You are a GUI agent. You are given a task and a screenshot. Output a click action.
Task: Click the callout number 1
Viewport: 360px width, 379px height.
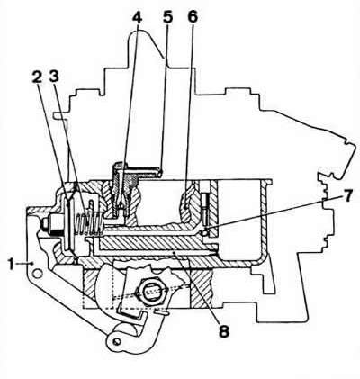(x=12, y=265)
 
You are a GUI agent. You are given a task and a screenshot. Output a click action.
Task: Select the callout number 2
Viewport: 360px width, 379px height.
(x=37, y=77)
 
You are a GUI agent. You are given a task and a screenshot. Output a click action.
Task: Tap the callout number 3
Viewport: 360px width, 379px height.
(x=54, y=77)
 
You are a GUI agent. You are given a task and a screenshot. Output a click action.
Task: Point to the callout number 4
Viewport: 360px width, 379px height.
(x=137, y=17)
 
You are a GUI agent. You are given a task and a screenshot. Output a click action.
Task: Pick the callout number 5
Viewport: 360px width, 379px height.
(x=168, y=17)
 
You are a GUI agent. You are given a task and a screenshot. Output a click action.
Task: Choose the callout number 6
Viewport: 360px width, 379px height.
(x=193, y=17)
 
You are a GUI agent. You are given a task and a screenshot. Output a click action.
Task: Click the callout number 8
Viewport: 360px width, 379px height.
(x=223, y=331)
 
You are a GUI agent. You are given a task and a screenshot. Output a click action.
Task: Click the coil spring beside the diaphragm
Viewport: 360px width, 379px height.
(x=88, y=223)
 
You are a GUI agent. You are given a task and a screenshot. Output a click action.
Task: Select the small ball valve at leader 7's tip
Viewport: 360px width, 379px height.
(x=204, y=232)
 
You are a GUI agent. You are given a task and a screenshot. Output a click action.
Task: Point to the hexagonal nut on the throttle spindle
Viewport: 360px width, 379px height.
(x=152, y=292)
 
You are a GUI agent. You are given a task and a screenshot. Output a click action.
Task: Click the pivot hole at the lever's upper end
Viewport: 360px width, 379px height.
(x=37, y=273)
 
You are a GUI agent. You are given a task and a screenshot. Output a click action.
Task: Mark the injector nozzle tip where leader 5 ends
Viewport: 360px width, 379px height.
(x=161, y=173)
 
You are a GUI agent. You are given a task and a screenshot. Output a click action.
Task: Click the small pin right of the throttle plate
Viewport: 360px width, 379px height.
(x=163, y=312)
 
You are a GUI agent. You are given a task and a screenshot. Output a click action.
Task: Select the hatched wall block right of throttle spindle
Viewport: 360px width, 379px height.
(x=202, y=287)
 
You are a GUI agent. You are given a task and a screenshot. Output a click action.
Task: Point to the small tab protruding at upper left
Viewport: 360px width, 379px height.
(x=59, y=115)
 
